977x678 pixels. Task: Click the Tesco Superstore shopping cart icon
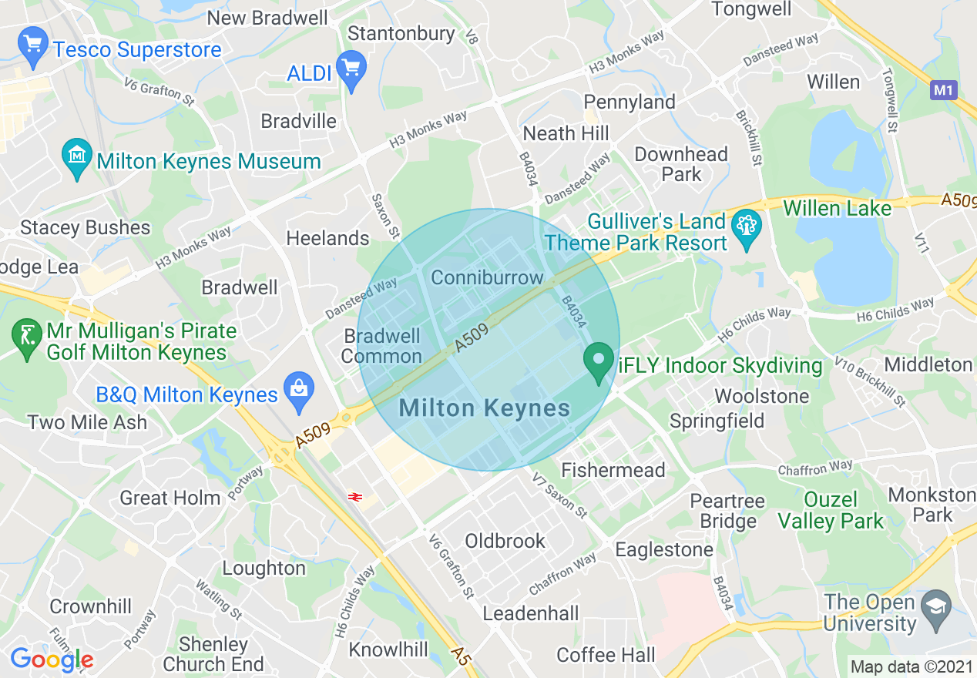[x=32, y=47]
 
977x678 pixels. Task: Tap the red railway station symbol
[x=355, y=497]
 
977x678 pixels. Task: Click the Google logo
[x=52, y=660]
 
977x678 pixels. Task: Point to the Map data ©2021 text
[x=910, y=666]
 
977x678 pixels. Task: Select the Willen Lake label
[x=837, y=208]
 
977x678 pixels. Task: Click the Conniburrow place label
[x=487, y=277]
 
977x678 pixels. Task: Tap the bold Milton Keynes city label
[x=485, y=408]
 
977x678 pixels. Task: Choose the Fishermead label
[x=613, y=470]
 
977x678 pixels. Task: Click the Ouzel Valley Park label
[x=831, y=511]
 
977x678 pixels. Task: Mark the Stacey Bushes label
[x=86, y=228]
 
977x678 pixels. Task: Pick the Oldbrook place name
[x=505, y=541]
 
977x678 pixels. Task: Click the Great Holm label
[x=170, y=498]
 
